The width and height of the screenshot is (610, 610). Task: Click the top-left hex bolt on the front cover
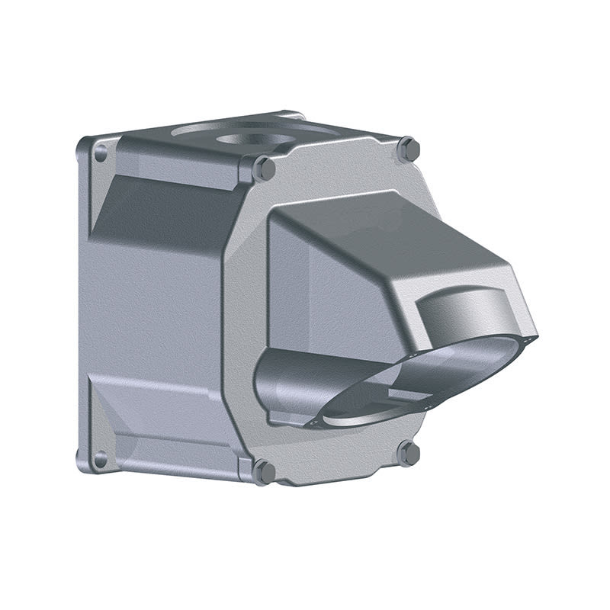pyautogui.click(x=264, y=168)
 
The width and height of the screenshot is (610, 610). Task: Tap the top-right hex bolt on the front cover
pyautogui.click(x=409, y=149)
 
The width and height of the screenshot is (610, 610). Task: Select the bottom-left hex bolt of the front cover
pyautogui.click(x=264, y=471)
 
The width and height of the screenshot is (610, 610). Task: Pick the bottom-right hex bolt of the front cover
pyautogui.click(x=409, y=453)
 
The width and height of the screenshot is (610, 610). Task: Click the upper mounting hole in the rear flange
pyautogui.click(x=100, y=152)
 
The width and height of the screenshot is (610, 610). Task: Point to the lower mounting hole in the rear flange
pyautogui.click(x=99, y=459)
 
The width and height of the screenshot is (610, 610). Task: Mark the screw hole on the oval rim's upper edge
pyautogui.click(x=413, y=355)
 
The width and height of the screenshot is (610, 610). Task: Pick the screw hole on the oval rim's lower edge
pyautogui.click(x=429, y=408)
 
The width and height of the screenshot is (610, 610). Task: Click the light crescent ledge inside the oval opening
pyautogui.click(x=358, y=418)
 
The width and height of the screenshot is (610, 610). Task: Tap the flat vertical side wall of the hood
pyautogui.click(x=328, y=290)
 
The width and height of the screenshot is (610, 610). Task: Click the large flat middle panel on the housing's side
pyautogui.click(x=152, y=305)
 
